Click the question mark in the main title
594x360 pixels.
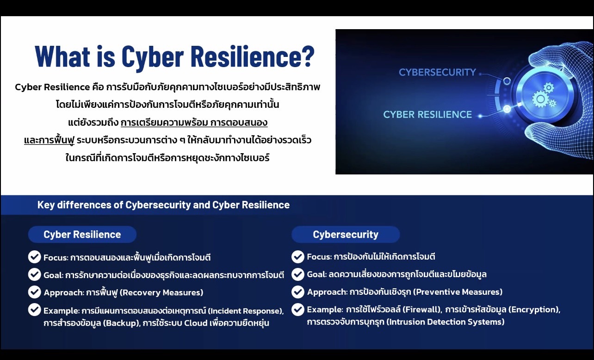(x=307, y=56)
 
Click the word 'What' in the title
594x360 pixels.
(x=62, y=56)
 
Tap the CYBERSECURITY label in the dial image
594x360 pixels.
(x=437, y=72)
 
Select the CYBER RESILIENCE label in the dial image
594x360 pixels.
(x=427, y=114)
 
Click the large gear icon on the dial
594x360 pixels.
(x=540, y=99)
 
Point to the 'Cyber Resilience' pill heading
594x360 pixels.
(x=82, y=234)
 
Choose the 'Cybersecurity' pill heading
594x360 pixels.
(x=346, y=234)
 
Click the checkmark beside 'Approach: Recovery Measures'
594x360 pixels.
(x=35, y=292)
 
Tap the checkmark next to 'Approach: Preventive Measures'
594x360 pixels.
(x=298, y=292)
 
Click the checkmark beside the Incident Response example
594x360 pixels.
(x=35, y=310)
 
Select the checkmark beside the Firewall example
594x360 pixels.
(x=298, y=310)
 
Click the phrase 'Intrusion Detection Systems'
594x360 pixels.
(x=445, y=322)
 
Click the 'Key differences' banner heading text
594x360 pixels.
(x=163, y=205)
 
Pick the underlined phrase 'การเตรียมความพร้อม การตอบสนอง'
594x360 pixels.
(x=194, y=123)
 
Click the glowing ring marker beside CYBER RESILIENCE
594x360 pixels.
(x=507, y=109)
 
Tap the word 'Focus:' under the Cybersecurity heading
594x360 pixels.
(x=319, y=257)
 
